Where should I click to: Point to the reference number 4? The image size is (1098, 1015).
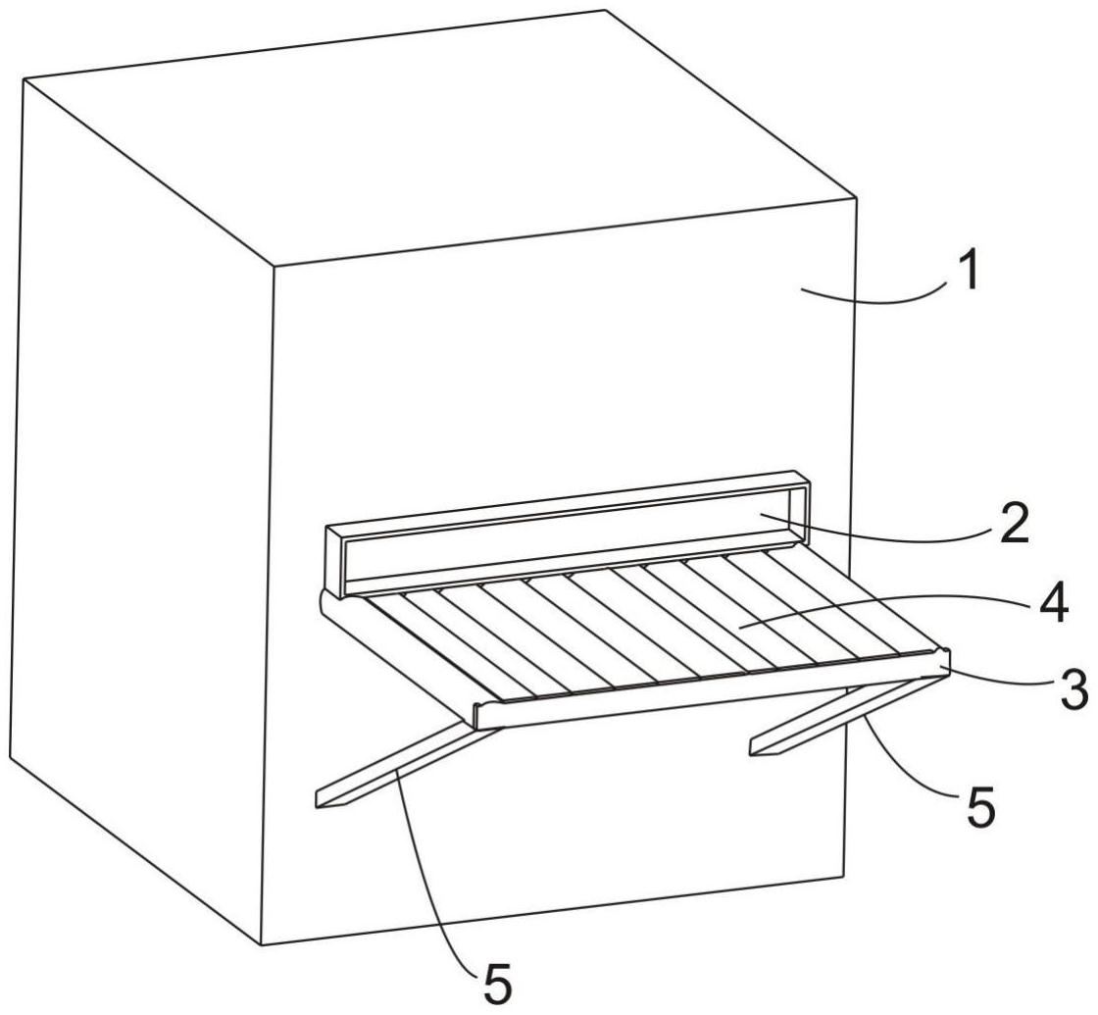[1052, 604]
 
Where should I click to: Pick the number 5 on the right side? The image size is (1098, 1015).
[979, 808]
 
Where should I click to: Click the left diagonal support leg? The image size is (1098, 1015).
[408, 763]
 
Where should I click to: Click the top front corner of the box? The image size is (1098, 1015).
[274, 266]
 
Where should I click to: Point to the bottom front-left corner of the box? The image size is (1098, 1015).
[262, 945]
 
